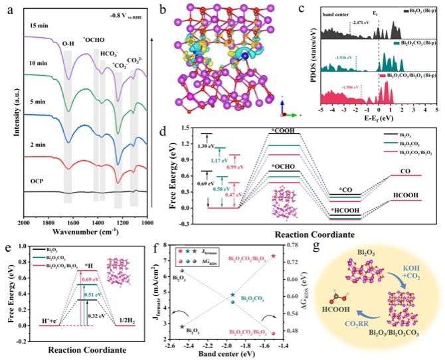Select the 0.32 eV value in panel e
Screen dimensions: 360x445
pos(98,308)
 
